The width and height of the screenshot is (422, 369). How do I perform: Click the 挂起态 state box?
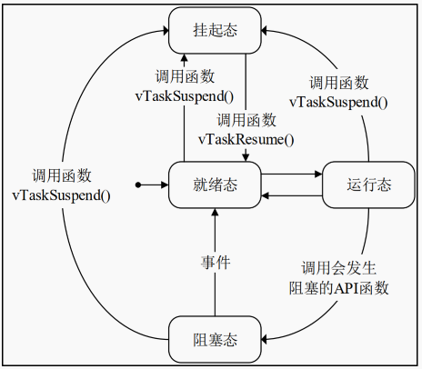click(x=216, y=31)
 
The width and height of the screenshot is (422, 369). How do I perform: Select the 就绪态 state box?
click(x=216, y=184)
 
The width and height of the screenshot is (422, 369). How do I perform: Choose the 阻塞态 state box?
click(x=216, y=339)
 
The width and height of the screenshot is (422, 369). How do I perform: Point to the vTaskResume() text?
click(x=246, y=139)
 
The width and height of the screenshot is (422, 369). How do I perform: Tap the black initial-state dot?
click(x=137, y=184)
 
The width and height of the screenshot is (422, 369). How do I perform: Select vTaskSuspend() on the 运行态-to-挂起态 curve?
click(x=338, y=102)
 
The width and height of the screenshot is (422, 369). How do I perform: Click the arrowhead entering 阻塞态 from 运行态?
click(x=267, y=339)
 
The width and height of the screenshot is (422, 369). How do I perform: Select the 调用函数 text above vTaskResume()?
click(x=246, y=119)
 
